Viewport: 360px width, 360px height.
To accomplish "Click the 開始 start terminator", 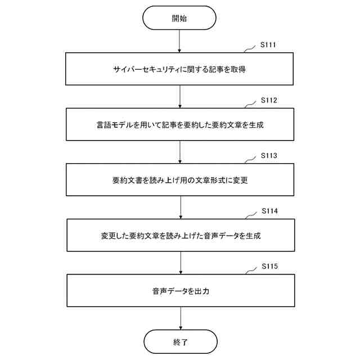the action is point(179,18).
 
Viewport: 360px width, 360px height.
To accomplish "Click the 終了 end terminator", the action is point(180,341).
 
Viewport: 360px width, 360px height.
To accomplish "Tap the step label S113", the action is point(269,155).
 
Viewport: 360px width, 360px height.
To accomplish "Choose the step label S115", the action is point(270,265).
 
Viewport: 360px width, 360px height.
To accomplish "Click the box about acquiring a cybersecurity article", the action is point(180,70).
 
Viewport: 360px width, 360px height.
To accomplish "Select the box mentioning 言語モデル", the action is point(180,125).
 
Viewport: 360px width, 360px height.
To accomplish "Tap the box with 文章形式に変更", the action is point(180,180).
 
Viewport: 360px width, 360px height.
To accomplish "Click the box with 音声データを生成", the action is point(180,235).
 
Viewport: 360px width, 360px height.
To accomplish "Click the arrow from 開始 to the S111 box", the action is point(179,42).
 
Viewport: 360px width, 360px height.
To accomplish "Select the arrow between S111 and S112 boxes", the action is point(180,97).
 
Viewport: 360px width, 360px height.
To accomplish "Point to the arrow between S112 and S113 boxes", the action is point(180,152).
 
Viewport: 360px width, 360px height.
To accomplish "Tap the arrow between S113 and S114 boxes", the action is point(180,207).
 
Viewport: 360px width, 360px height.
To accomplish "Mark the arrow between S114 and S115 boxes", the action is point(180,262).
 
